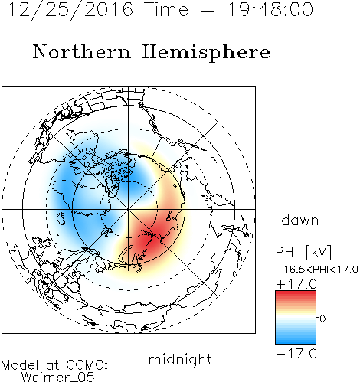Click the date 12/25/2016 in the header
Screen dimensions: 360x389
tap(70, 10)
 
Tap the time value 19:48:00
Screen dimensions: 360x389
tap(270, 10)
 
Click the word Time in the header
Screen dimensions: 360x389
tap(166, 10)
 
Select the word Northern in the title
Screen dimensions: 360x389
tap(82, 51)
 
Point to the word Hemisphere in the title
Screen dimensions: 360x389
tap(206, 53)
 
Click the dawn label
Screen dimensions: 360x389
tap(300, 220)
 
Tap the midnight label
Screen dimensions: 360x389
tap(180, 359)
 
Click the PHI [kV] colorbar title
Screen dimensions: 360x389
tap(303, 252)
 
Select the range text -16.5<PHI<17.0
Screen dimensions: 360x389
tap(317, 270)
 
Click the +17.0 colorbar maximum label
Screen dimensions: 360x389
tap(296, 284)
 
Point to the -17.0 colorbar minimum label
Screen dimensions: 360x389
tap(296, 354)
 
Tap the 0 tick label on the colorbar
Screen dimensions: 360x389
tap(322, 319)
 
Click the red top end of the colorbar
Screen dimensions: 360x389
tap(296, 293)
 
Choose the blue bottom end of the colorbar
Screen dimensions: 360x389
tap(296, 342)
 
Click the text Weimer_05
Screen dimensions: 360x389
tap(58, 378)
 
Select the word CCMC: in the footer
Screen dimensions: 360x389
tap(87, 365)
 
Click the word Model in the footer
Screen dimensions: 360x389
tap(20, 365)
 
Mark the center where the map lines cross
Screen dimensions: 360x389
tap(129, 209)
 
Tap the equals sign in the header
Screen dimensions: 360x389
tap(208, 11)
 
